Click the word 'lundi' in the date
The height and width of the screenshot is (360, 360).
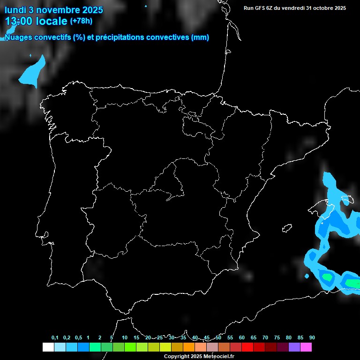coord(16,10)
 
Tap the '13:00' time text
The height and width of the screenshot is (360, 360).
coord(19,21)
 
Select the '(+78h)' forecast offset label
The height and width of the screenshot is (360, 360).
coord(82,21)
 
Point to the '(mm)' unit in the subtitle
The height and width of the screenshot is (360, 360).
coord(200,37)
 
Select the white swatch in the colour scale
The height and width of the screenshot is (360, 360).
coord(48,347)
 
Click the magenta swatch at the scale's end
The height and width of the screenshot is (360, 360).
coord(306,347)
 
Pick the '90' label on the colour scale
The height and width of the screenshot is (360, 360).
coord(312,338)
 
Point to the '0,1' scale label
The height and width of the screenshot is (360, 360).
coord(55,338)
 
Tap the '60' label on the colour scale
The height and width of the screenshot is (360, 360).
coord(241,338)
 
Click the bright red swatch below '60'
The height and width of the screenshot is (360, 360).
coord(247,347)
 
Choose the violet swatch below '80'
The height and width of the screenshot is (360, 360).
coord(294,347)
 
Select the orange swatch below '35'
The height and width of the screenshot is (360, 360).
coord(188,347)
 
